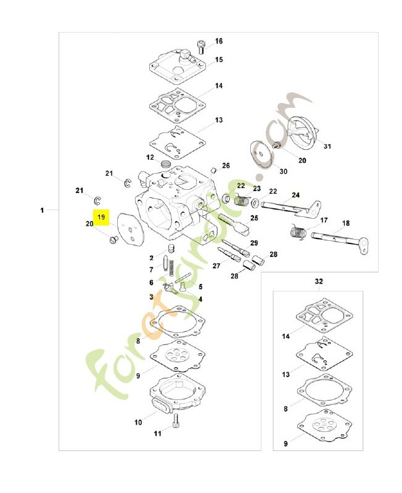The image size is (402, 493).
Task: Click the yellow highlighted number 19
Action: (101, 218)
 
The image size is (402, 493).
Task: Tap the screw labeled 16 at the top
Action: (201, 47)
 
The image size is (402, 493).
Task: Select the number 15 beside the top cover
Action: (219, 59)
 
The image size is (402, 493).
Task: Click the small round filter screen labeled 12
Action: (165, 163)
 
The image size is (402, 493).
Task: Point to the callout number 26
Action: (226, 165)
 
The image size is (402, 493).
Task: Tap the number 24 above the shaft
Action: (296, 195)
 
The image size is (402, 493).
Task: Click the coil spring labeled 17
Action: (298, 232)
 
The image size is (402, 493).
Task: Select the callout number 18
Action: (346, 223)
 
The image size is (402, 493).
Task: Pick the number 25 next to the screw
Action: (254, 218)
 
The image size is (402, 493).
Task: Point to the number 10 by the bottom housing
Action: (138, 422)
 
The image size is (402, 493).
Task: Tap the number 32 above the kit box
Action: (319, 281)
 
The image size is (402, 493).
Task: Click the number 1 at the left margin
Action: (42, 210)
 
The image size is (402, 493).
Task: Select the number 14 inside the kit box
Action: (285, 336)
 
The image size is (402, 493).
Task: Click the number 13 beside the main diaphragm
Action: (219, 120)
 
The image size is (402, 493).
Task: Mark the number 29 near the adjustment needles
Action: (254, 243)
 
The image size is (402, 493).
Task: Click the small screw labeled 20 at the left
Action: (113, 240)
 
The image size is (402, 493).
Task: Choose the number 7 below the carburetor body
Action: (151, 270)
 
